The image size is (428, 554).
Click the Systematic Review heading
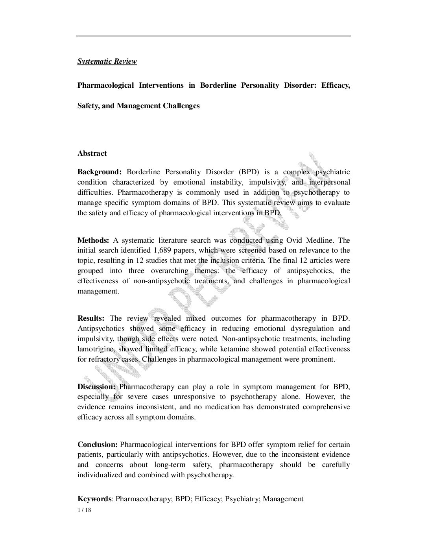(x=107, y=61)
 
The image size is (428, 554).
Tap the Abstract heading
(x=92, y=153)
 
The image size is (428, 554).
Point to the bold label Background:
(x=100, y=172)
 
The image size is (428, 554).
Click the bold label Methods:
(x=93, y=240)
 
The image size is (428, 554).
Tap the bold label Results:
(x=91, y=318)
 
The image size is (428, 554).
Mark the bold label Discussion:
(x=96, y=387)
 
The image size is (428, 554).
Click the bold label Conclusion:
(x=98, y=445)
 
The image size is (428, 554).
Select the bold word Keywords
(x=94, y=499)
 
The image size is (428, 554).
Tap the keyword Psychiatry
(x=242, y=499)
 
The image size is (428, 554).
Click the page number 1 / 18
(x=84, y=510)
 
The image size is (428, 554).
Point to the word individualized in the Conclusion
(x=100, y=475)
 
